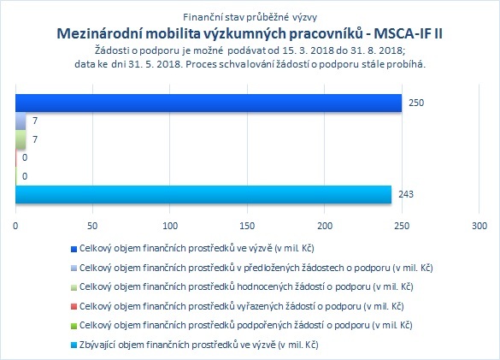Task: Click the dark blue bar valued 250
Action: click(x=209, y=103)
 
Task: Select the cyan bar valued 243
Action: click(x=203, y=194)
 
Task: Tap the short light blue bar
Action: click(x=21, y=121)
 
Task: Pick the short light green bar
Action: click(x=21, y=139)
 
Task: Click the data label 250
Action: click(x=416, y=103)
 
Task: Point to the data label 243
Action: click(x=406, y=194)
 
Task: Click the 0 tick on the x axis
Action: click(x=15, y=226)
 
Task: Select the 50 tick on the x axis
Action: click(x=92, y=226)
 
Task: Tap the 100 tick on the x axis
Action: click(x=170, y=226)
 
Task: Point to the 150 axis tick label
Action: click(x=247, y=226)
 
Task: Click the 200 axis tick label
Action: click(x=325, y=226)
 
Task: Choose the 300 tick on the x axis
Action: click(x=479, y=226)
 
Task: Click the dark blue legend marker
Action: click(x=74, y=249)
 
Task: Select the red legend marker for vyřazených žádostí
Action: click(x=74, y=307)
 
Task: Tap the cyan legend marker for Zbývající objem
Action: click(x=74, y=345)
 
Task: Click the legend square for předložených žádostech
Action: click(x=74, y=269)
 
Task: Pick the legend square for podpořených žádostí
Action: click(x=74, y=326)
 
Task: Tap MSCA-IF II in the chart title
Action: click(x=408, y=33)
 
